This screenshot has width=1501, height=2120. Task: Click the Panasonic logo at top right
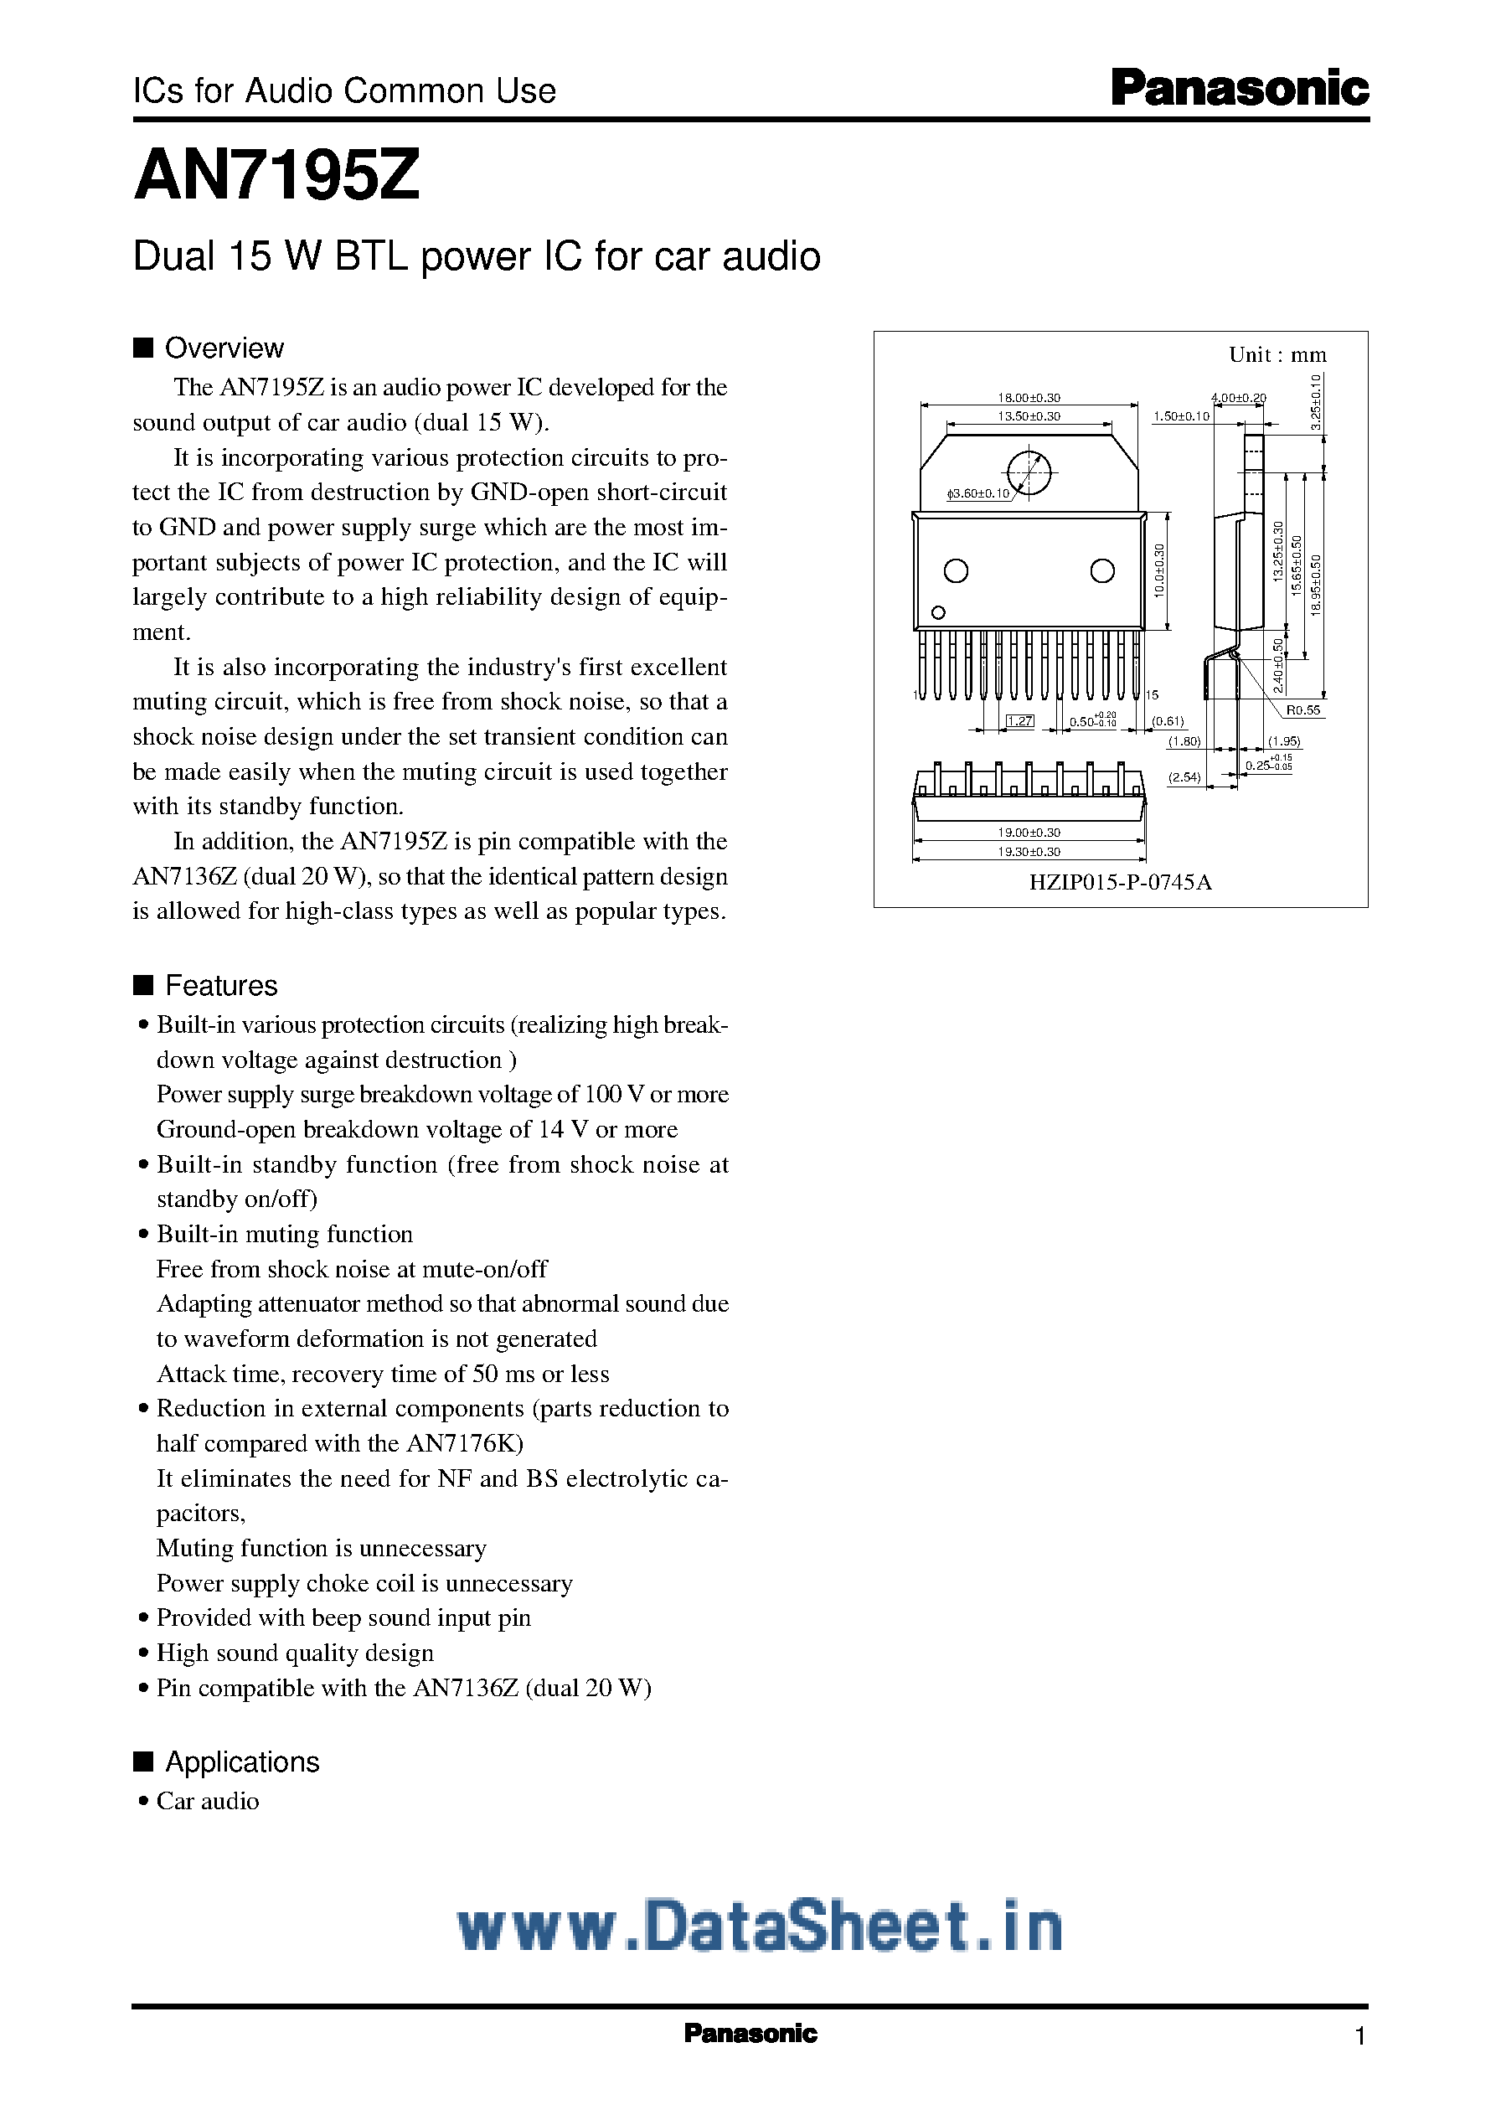tap(1239, 89)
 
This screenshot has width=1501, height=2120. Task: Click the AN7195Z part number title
tap(277, 176)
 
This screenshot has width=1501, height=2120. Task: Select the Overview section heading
tap(223, 348)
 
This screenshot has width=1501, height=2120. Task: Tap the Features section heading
tap(220, 985)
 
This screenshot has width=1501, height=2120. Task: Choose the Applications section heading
tap(241, 1762)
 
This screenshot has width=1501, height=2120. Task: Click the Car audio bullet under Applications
tap(207, 1801)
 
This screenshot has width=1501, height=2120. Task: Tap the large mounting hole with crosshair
tap(1029, 472)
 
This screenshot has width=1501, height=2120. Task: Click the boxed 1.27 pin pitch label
tap(1019, 721)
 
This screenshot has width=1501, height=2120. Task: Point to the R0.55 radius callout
tap(1303, 709)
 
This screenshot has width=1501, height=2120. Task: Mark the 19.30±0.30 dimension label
tap(1029, 851)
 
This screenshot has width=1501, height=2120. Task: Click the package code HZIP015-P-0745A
tap(1120, 882)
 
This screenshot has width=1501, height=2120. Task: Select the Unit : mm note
tap(1277, 355)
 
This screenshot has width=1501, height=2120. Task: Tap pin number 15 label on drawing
tap(1152, 695)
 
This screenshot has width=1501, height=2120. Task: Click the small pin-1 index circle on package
tap(938, 611)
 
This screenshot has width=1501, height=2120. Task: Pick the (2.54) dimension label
tap(1184, 777)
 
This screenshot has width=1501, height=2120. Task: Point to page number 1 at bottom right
tap(1359, 2036)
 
